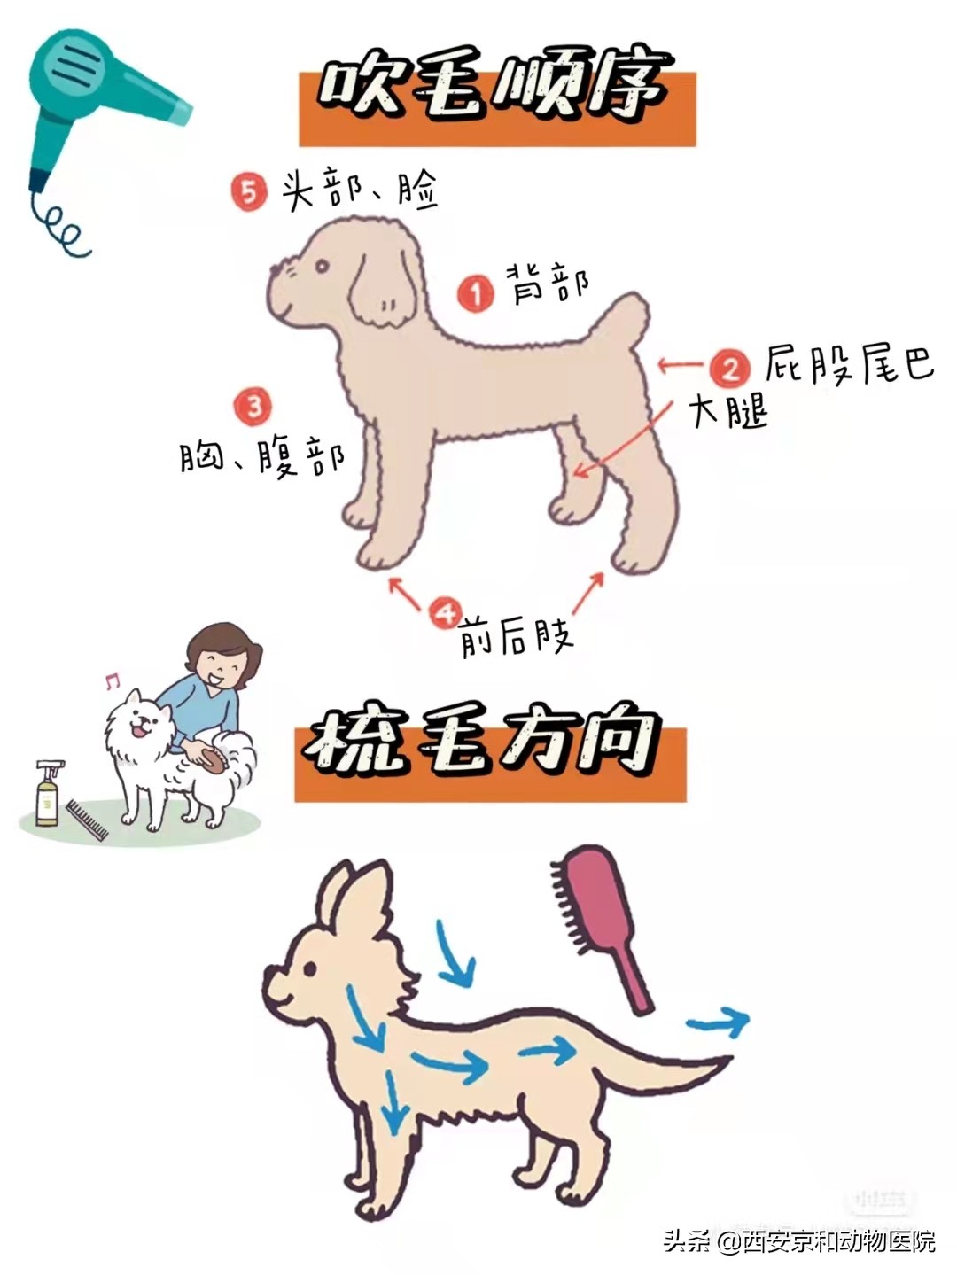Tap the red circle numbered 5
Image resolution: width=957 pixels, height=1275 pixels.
(249, 191)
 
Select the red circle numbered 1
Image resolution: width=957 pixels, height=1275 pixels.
(476, 292)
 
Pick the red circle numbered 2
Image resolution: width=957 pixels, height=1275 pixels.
(730, 367)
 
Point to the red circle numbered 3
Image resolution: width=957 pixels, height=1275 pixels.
(253, 406)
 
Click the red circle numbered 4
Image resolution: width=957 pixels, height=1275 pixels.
(445, 612)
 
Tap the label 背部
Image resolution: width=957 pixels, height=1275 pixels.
(548, 283)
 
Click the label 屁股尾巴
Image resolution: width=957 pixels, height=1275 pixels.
(849, 363)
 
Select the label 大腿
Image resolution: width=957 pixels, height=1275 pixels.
(728, 411)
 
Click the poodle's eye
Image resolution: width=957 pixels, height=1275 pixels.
(321, 265)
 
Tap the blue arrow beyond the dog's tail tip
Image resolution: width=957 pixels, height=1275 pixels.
(719, 1022)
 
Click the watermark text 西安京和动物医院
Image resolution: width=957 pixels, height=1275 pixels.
(838, 1240)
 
